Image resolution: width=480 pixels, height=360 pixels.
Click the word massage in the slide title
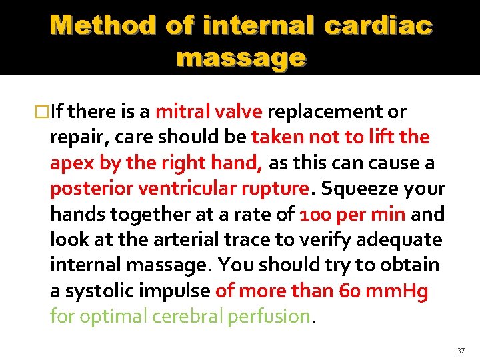click(241, 58)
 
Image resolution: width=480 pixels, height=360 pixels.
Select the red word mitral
click(181, 112)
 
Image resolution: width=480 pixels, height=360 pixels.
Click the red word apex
click(73, 163)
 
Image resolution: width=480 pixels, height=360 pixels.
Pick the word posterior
click(91, 189)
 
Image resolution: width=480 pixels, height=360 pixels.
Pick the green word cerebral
click(189, 317)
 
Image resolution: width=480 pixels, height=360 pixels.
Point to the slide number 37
click(461, 350)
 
